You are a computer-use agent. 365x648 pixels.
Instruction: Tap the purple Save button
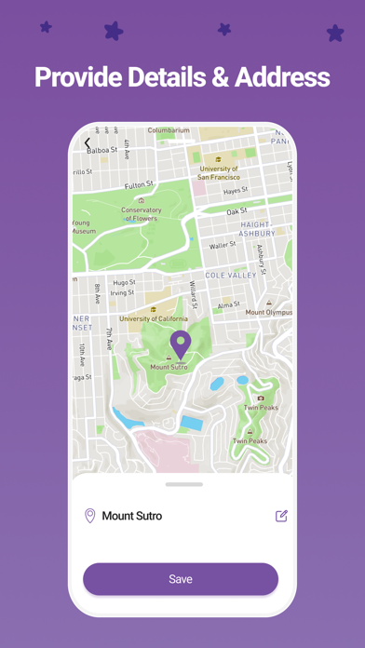point(181,579)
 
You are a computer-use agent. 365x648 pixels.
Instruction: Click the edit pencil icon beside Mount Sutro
point(281,516)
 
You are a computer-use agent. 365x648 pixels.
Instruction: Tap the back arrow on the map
point(88,143)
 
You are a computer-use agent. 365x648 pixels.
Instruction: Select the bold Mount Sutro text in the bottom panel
point(131,516)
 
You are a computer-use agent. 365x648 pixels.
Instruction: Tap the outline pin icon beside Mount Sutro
point(90,516)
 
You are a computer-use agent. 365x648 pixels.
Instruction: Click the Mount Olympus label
point(268,312)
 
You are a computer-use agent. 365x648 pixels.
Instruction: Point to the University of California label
point(153,319)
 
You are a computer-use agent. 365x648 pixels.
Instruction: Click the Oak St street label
point(237,212)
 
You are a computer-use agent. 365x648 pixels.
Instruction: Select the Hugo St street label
point(124,283)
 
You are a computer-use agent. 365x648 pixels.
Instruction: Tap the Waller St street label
point(223,246)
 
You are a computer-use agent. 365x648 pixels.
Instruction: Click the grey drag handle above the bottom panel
point(183,484)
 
